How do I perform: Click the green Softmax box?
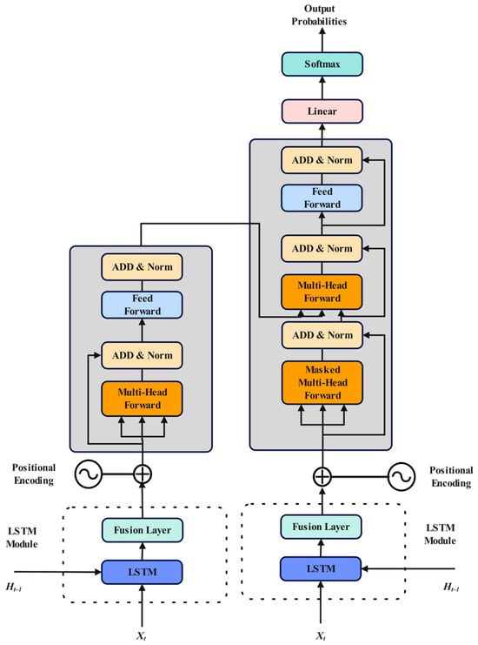(322, 64)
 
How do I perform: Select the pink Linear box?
(322, 112)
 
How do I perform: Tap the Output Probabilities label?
(322, 16)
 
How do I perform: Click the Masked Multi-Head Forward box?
(322, 384)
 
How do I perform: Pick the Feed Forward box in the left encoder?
(142, 305)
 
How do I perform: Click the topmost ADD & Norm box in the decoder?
(322, 160)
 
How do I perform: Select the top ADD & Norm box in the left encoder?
(142, 265)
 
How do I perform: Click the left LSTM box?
(142, 571)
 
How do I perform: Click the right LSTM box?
(322, 568)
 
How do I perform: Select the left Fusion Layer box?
(142, 529)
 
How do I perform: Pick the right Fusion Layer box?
(322, 526)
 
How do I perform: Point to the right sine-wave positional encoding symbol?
(400, 476)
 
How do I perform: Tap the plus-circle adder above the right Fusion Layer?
(322, 476)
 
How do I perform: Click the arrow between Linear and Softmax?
(322, 89)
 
